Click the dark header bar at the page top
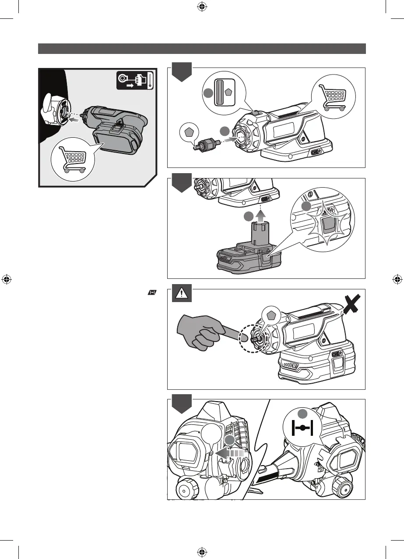[x=202, y=48]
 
